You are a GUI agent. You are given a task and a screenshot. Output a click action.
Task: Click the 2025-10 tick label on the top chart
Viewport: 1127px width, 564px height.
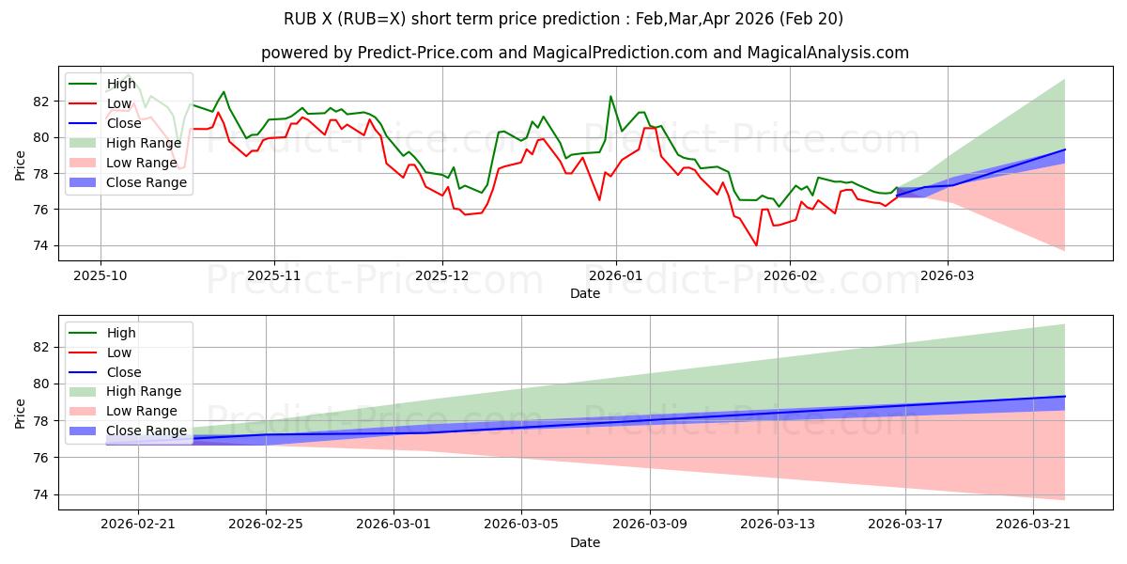pyautogui.click(x=100, y=276)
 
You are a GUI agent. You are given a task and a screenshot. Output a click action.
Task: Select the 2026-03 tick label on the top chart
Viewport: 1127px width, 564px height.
pyautogui.click(x=948, y=276)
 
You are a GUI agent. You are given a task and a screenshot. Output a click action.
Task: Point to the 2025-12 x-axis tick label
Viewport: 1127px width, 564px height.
pyautogui.click(x=442, y=276)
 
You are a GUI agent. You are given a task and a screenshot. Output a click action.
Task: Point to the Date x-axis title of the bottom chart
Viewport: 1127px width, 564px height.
pyautogui.click(x=584, y=542)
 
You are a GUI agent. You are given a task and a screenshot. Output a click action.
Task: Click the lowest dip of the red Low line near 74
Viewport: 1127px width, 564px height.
pyautogui.click(x=756, y=245)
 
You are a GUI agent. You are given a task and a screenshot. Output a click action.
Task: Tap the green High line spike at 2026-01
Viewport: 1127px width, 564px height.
pyautogui.click(x=610, y=97)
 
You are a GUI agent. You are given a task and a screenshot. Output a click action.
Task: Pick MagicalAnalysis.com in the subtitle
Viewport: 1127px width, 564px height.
pyautogui.click(x=827, y=53)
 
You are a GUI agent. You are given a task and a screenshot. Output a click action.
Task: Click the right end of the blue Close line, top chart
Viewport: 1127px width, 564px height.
pyautogui.click(x=1065, y=149)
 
